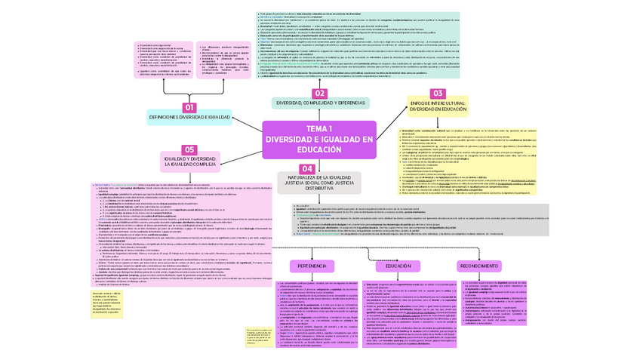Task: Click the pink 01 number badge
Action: (189, 108)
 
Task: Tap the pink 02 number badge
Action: (320, 93)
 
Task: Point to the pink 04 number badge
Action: (307, 168)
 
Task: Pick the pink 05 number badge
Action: (189, 150)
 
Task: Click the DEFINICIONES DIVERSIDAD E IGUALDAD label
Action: (189, 118)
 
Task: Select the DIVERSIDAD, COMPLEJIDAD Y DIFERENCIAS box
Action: (320, 103)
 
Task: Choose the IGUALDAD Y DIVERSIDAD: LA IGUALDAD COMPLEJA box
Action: (189, 162)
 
